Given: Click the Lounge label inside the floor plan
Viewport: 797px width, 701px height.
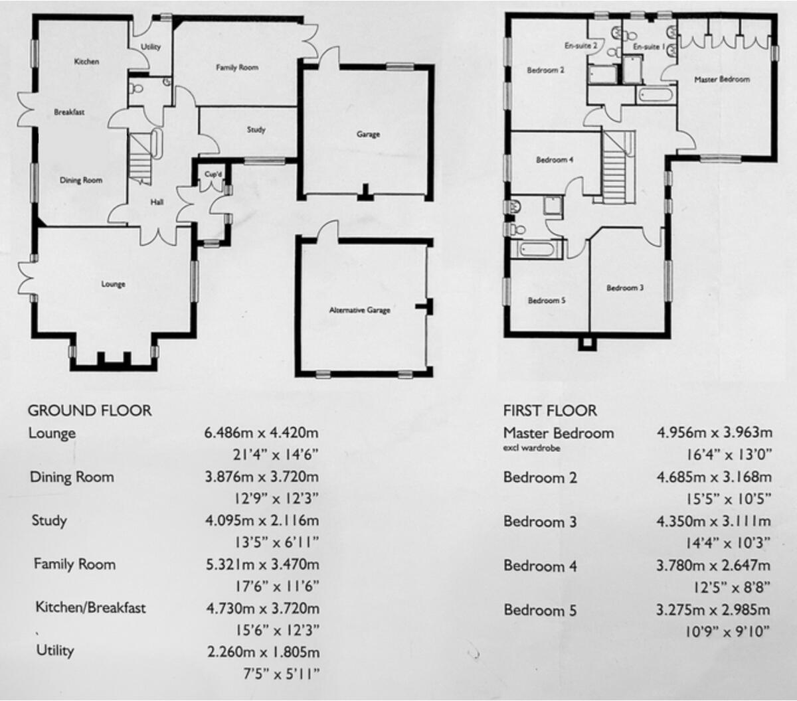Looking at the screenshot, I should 113,284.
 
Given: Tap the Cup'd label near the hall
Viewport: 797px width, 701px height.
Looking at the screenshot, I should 213,175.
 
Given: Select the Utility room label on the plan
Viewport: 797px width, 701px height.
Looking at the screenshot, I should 151,47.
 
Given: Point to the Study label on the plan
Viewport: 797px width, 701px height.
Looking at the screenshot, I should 256,130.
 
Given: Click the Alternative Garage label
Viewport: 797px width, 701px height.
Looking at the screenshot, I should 360,310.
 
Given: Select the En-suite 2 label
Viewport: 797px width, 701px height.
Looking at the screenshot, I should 580,46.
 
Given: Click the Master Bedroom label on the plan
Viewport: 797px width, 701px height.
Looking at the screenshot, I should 722,80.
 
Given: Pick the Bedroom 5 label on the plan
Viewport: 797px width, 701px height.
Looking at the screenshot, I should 547,301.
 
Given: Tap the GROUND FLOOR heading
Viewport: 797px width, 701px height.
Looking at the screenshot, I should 90,411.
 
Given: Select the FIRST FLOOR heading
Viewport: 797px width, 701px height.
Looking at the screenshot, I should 550,411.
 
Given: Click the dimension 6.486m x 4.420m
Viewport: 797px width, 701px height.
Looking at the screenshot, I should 262,433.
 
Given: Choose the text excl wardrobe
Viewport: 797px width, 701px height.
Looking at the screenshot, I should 531,449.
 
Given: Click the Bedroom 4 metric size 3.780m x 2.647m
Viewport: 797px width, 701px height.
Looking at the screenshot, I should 713,566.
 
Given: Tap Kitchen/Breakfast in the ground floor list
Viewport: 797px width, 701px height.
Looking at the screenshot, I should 90,607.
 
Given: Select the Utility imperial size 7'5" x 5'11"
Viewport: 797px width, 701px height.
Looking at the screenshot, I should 282,674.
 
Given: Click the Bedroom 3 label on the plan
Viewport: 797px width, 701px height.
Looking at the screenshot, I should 625,288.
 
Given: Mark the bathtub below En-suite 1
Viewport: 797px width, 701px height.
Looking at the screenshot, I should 656,95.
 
